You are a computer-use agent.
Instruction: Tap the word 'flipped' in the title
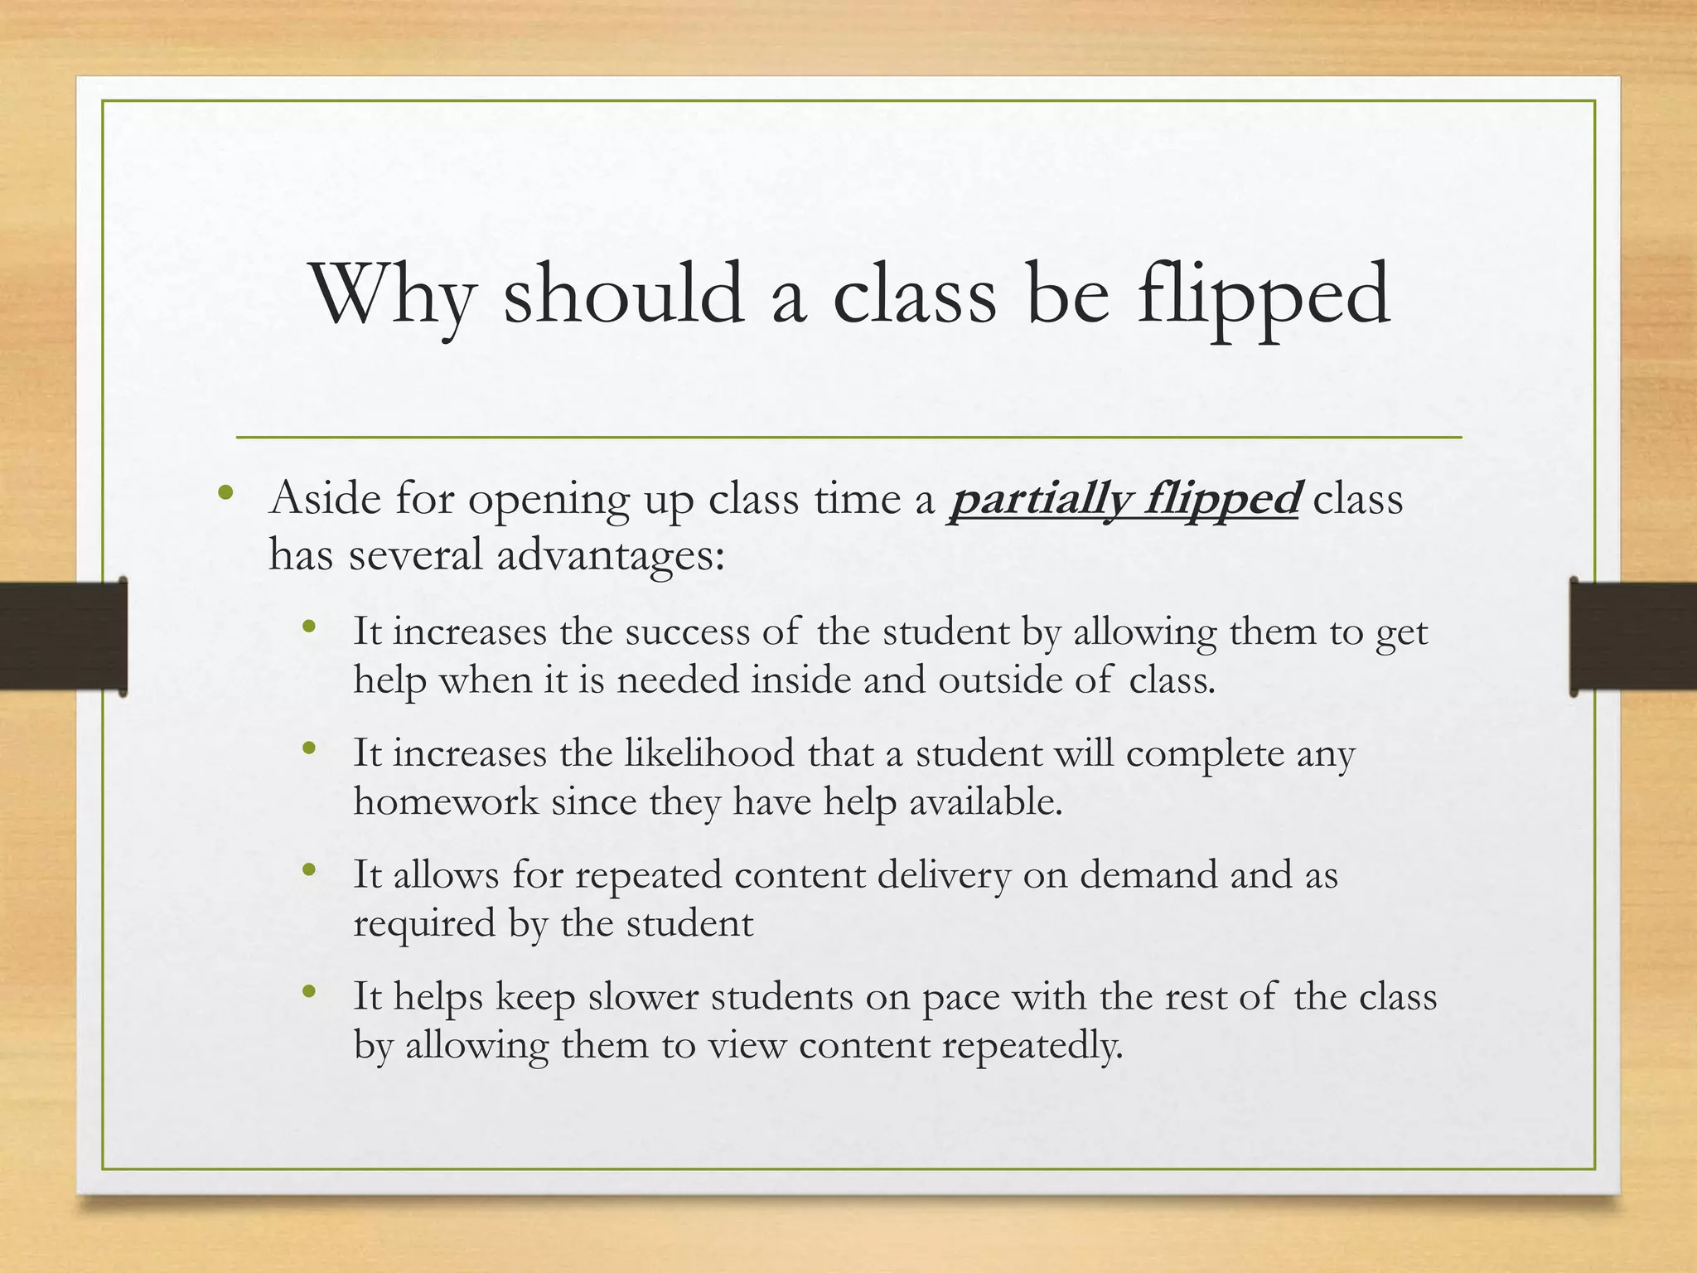(x=1263, y=298)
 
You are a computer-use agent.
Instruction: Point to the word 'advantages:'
(x=611, y=556)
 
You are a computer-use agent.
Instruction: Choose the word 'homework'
(x=446, y=801)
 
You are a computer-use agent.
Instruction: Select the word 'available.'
(x=985, y=801)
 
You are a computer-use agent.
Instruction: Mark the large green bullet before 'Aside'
(x=225, y=496)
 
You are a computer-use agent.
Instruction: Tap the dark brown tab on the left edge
(x=64, y=636)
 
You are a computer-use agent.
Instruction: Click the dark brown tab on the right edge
(x=1632, y=636)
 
